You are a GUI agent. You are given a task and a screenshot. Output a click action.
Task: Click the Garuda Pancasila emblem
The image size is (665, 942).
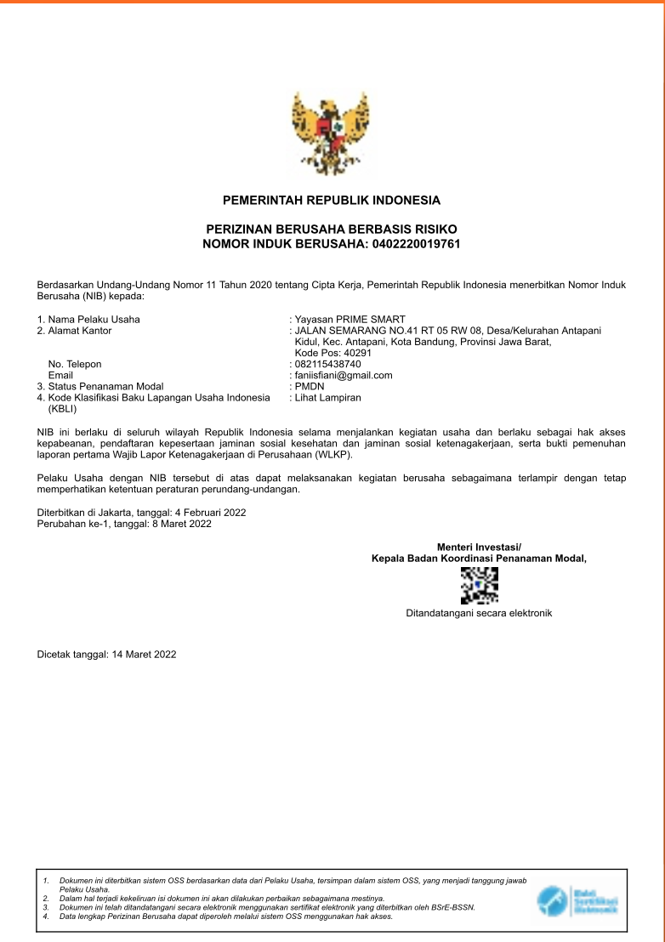(332, 132)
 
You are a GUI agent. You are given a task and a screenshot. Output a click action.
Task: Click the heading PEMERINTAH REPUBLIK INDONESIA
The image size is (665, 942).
(332, 201)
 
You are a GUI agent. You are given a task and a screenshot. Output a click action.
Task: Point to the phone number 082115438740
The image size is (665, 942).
(327, 364)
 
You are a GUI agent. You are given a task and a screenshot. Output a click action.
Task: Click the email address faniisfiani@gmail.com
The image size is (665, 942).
(344, 375)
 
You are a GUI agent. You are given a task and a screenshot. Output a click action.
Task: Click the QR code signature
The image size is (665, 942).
(479, 585)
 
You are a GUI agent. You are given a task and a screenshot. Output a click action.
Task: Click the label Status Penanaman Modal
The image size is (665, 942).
(105, 386)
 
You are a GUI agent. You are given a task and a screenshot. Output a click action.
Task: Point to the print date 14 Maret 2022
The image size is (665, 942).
(144, 655)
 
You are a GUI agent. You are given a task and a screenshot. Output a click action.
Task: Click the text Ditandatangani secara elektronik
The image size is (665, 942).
(479, 612)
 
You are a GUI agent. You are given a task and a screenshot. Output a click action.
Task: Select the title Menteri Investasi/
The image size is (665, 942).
(479, 547)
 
